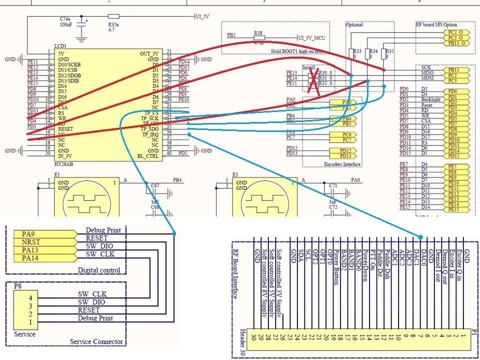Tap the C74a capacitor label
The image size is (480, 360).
pyautogui.click(x=67, y=18)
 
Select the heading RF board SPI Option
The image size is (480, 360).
pyautogui.click(x=436, y=24)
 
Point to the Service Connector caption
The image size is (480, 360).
pyautogui.click(x=96, y=342)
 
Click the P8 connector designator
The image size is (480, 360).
pyautogui.click(x=18, y=286)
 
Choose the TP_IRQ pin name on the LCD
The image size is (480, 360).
pyautogui.click(x=150, y=134)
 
